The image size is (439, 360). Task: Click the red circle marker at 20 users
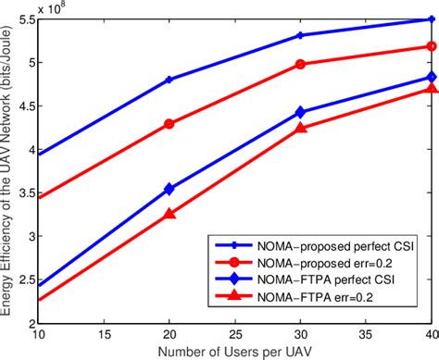tap(169, 124)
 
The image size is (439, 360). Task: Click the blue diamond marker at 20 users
tap(169, 189)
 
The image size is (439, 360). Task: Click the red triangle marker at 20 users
tap(169, 213)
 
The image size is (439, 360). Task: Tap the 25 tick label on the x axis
tap(234, 332)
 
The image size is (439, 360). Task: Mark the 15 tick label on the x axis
tap(103, 332)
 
